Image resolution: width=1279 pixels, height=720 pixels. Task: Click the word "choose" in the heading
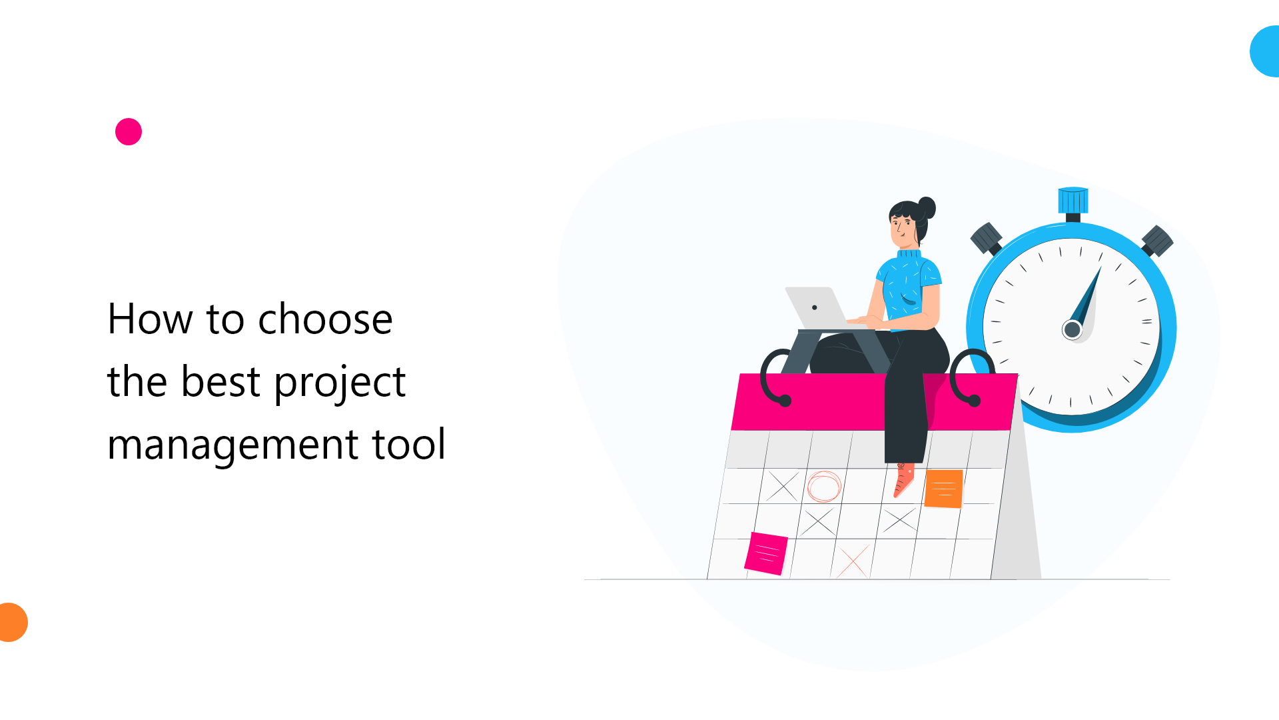[x=325, y=319]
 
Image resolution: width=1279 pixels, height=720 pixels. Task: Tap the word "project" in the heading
[x=340, y=383]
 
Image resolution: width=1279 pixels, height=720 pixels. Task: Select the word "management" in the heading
[x=232, y=445]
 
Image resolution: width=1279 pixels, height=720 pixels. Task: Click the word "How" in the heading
[x=150, y=319]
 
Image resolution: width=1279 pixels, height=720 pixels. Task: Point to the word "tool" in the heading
[x=409, y=445]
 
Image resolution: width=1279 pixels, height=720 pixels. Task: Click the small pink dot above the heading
[x=129, y=132]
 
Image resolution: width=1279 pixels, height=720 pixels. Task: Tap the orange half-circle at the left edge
[x=12, y=622]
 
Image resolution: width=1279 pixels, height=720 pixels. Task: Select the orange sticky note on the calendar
[x=943, y=489]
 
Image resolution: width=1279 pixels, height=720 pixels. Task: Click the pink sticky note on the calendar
[x=766, y=553]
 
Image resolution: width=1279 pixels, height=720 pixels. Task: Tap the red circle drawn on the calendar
[x=824, y=486]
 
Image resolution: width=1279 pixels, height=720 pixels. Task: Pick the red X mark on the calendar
[x=853, y=562]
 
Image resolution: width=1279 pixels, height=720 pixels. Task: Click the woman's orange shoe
[x=903, y=480]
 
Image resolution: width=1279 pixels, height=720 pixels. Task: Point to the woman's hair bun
[x=927, y=207]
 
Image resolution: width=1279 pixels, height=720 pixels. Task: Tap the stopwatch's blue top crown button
[x=1073, y=199]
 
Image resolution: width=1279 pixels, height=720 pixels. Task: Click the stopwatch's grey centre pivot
[x=1072, y=329]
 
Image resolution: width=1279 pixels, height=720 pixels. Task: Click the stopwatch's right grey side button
[x=1158, y=241]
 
